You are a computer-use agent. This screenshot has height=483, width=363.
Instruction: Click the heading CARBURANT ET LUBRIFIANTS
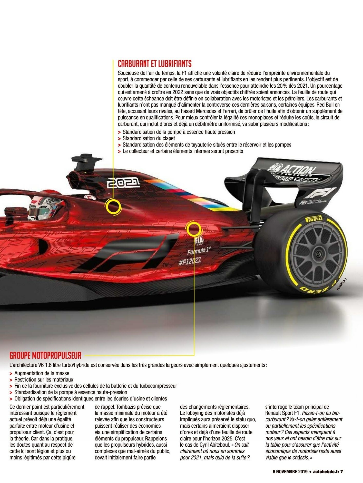click(155, 64)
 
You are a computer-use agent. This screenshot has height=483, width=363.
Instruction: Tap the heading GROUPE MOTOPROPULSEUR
click(45, 355)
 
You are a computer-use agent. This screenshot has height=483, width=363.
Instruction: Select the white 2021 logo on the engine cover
click(123, 182)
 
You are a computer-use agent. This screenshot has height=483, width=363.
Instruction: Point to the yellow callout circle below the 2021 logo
click(113, 207)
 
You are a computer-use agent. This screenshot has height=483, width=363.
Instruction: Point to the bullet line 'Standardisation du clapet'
click(149, 138)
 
